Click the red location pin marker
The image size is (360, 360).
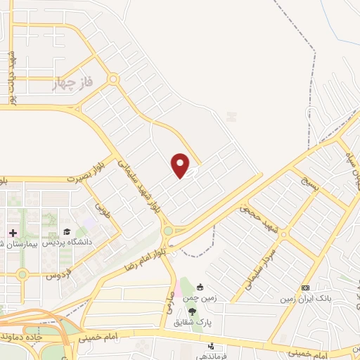tap(181, 165)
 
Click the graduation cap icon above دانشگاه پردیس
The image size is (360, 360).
tap(67, 231)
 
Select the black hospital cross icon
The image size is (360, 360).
tap(13, 233)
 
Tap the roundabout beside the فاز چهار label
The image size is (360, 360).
tap(112, 81)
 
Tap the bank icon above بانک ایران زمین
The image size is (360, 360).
tap(305, 288)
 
